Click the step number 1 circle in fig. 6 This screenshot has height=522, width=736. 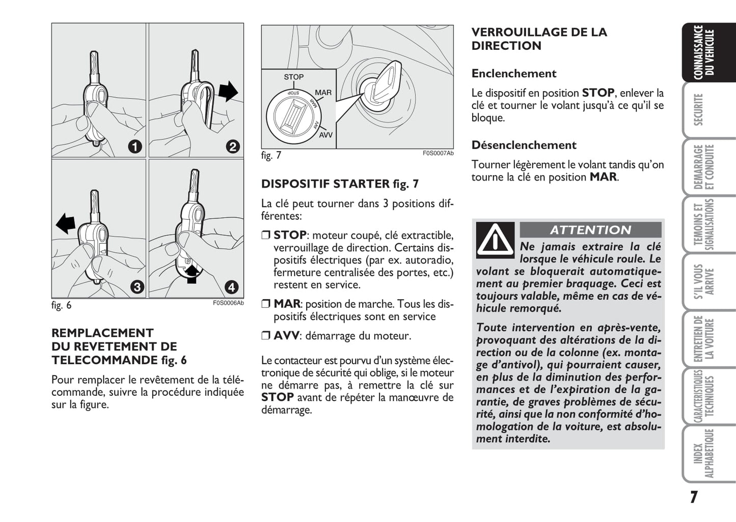[x=134, y=147]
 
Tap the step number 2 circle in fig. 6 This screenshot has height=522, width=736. [x=232, y=147]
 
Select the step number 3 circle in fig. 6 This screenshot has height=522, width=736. [x=137, y=287]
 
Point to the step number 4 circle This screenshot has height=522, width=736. [x=232, y=287]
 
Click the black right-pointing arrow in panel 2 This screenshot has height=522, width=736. [x=228, y=91]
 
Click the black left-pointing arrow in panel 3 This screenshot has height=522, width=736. [x=66, y=223]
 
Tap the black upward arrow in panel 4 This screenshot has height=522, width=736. [x=192, y=274]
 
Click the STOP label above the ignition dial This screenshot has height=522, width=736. [x=293, y=77]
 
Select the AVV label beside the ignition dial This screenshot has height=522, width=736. [x=325, y=135]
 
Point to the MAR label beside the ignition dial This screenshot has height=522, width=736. [x=323, y=93]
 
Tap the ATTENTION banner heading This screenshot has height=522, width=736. [x=590, y=230]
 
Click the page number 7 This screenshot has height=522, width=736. [x=694, y=497]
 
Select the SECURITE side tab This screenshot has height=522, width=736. [x=698, y=109]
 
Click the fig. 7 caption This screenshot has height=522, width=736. [x=271, y=156]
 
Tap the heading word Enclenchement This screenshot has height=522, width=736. [x=514, y=73]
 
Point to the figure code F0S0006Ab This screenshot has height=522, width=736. [x=228, y=303]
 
